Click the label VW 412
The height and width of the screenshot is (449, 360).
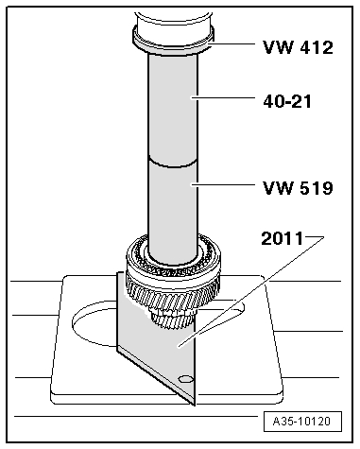296,46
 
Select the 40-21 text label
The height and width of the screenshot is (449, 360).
288,97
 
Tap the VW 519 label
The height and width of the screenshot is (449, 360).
297,188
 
